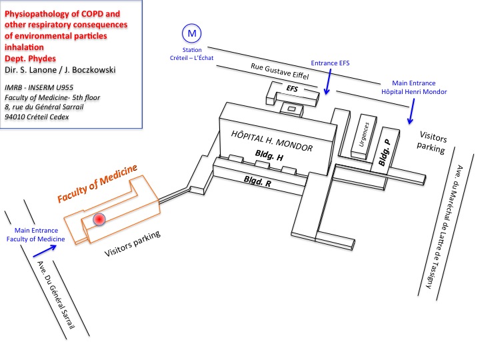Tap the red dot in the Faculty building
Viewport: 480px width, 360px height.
[x=99, y=219]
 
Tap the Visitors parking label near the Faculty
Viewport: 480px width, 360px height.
[x=133, y=245]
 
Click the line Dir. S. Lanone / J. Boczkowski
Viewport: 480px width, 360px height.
[x=59, y=69]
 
